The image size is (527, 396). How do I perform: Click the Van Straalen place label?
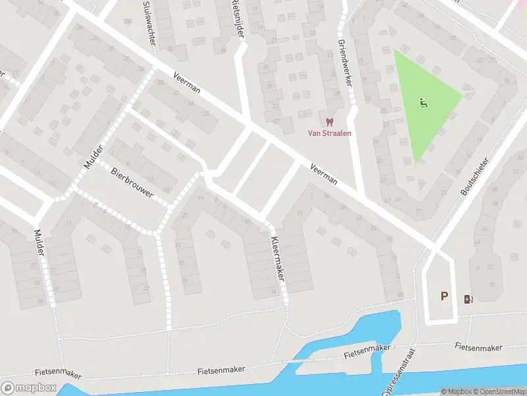pos(330,133)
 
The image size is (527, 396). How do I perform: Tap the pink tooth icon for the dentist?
pos(330,121)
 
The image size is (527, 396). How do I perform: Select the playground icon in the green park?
pos(423,102)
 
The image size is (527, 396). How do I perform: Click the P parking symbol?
pos(444,296)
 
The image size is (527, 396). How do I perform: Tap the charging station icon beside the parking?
pos(468,299)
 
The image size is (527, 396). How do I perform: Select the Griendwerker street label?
pos(343,52)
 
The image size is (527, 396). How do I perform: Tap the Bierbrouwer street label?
pos(132,183)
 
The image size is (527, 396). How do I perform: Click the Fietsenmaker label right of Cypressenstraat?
pos(479,347)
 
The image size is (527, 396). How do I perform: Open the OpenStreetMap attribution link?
pos(503,391)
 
